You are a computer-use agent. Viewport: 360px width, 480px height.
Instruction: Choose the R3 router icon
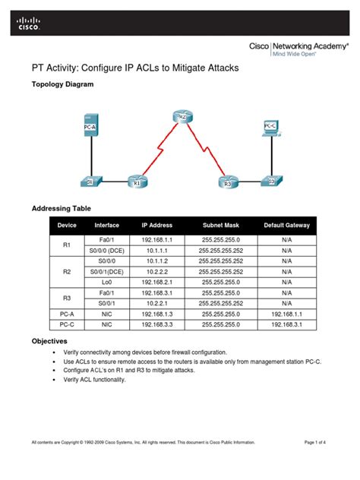tap(225, 182)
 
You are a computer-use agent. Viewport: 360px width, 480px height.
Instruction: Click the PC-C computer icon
tap(270, 129)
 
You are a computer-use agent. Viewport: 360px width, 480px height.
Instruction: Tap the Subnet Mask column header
tap(223, 225)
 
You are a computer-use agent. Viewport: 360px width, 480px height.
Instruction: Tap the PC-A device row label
tap(66, 313)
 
